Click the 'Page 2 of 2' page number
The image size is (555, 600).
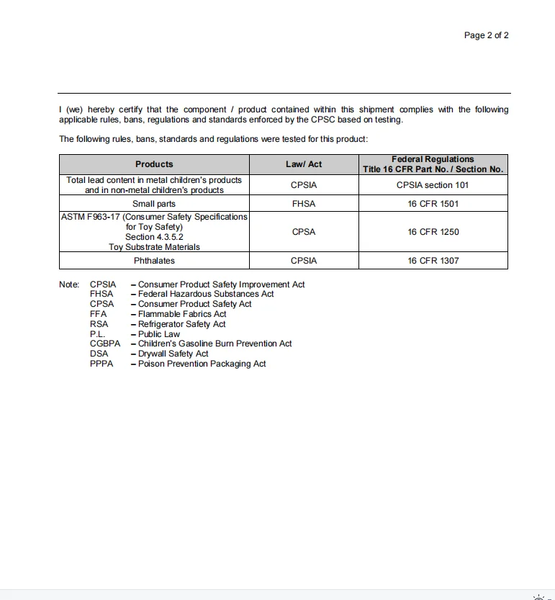coord(486,35)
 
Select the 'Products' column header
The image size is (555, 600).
coord(154,164)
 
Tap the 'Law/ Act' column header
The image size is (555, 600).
coord(304,164)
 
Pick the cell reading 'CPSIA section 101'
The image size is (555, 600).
coord(433,185)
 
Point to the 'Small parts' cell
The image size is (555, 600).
coord(154,204)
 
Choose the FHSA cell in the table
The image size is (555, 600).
coord(304,204)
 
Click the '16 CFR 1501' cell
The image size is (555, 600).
coord(433,204)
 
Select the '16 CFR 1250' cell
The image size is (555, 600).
coord(433,232)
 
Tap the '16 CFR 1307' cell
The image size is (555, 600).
coord(433,261)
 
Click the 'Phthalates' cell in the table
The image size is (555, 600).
coord(154,261)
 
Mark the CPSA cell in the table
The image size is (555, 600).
coord(304,232)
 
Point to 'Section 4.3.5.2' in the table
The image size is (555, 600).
coord(154,237)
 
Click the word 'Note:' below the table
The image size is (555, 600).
coord(69,285)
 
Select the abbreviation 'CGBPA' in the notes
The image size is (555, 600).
coord(105,344)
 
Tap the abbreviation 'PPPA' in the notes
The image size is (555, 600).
coord(101,364)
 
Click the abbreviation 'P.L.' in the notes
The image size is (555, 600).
coord(98,334)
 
